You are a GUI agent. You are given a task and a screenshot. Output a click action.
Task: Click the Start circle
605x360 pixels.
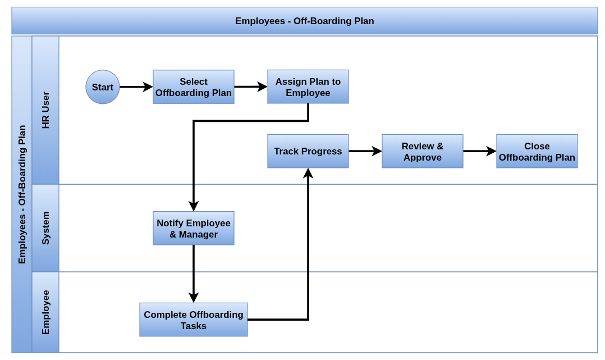[x=103, y=87]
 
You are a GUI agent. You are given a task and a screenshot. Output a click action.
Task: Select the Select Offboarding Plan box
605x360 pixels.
[x=193, y=87]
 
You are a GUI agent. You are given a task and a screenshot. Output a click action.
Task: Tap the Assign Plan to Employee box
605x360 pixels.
[x=308, y=87]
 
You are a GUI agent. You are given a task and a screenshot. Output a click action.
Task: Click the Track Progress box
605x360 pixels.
[x=308, y=151]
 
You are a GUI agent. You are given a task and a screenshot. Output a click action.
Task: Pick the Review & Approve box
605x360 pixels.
[x=423, y=151]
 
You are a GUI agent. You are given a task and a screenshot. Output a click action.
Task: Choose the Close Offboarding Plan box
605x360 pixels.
[x=537, y=151]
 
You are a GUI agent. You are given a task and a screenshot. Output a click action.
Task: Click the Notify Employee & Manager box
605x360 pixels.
[x=193, y=228]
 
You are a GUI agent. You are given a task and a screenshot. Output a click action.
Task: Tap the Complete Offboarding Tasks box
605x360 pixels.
[x=193, y=320]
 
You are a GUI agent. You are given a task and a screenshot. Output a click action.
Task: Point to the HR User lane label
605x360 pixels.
[x=46, y=110]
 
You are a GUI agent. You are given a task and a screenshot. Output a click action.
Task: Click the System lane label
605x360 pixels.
[x=46, y=228]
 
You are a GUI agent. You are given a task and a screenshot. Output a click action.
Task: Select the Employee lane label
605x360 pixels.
[x=46, y=312]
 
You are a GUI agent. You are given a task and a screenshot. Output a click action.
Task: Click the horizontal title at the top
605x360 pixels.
[x=304, y=21]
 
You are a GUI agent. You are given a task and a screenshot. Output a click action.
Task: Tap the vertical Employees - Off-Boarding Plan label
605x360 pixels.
[x=22, y=194]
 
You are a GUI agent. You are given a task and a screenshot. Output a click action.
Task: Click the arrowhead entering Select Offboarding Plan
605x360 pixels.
[x=148, y=87]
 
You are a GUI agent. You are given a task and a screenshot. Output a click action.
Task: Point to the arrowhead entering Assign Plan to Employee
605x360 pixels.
[x=263, y=87]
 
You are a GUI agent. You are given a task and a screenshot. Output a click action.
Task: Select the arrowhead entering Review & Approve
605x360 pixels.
[x=377, y=151]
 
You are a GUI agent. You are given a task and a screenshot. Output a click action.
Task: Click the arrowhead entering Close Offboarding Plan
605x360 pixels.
[x=491, y=151]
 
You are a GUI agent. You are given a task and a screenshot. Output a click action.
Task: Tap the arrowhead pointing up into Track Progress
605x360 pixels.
[x=308, y=173]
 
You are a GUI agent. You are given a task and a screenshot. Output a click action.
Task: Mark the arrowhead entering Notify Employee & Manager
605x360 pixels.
[x=193, y=206]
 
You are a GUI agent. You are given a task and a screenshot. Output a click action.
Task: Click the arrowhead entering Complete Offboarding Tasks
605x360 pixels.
[x=193, y=298]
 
